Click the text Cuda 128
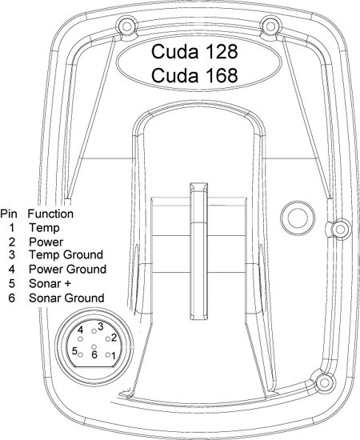194,52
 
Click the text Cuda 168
194,75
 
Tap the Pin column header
9,214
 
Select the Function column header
50,214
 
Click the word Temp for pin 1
44,227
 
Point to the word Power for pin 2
46,242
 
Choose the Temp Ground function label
66,254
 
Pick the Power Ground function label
67,270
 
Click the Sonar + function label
50,284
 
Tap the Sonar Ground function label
66,298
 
